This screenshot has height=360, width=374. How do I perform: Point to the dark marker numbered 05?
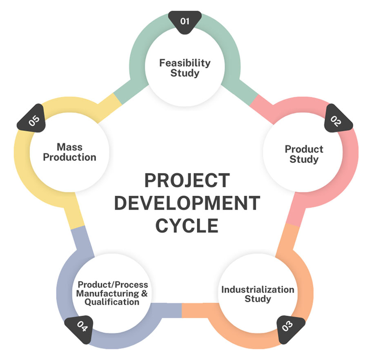click(32, 119)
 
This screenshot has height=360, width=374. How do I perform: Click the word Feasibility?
click(185, 63)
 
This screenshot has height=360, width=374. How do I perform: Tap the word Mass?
click(70, 147)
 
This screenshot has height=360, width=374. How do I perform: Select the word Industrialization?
click(258, 290)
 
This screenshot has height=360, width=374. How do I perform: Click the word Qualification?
click(112, 302)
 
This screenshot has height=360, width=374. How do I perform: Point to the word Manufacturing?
click(107, 293)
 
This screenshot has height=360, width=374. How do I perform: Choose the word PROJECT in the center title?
click(187, 181)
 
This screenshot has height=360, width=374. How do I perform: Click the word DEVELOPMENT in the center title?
click(187, 203)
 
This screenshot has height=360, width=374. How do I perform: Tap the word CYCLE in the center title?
click(187, 226)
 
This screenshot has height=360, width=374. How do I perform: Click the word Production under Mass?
click(70, 157)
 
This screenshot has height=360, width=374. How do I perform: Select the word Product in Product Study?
click(304, 149)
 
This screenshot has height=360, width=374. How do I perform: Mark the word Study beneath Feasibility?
click(185, 73)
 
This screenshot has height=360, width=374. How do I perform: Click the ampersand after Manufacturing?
click(144, 293)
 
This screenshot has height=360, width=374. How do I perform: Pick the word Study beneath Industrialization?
click(258, 299)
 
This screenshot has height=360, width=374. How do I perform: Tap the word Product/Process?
click(113, 285)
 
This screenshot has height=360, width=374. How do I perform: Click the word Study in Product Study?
click(304, 159)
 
